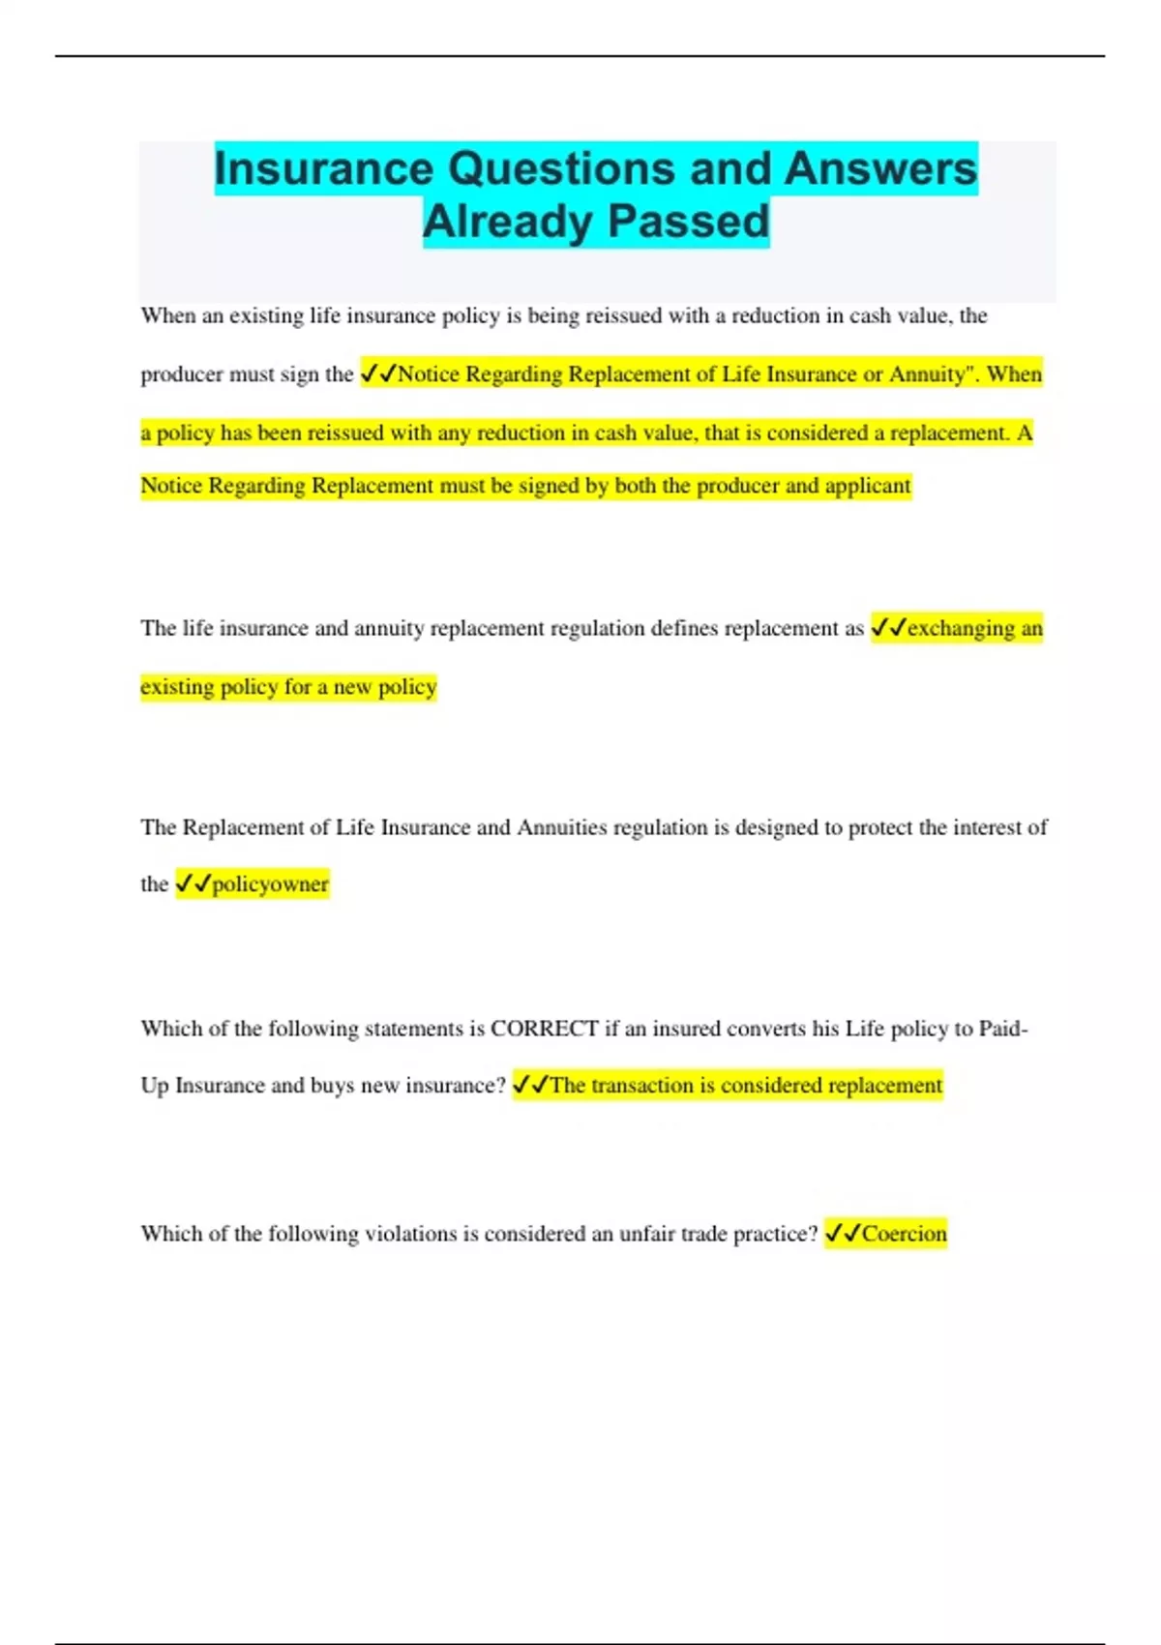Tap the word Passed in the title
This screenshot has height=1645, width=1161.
[689, 222]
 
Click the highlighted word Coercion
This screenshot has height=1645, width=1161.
[904, 1234]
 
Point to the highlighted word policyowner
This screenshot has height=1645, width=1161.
[270, 883]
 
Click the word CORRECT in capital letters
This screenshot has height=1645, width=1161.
[544, 1028]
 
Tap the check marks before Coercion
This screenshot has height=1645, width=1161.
[843, 1233]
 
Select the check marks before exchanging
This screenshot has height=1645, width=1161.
[888, 628]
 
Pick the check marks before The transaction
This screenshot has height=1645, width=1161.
[530, 1085]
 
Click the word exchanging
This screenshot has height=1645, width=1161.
[961, 629]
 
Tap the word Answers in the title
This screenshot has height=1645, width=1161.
[880, 168]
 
